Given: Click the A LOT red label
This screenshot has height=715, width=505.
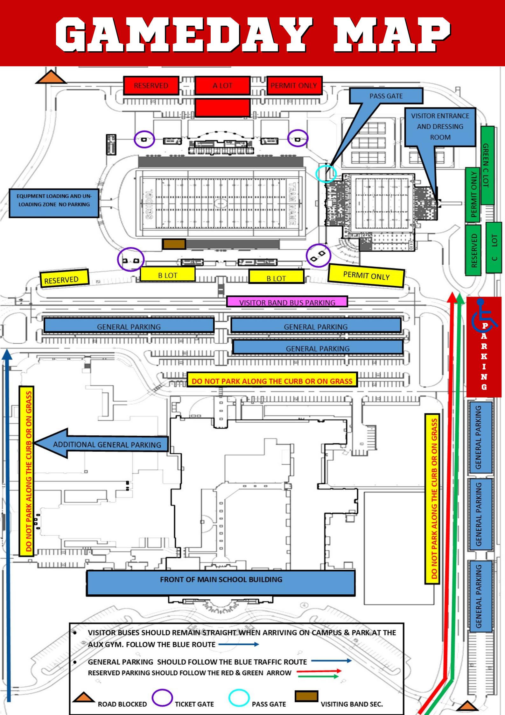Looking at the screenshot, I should click(222, 85).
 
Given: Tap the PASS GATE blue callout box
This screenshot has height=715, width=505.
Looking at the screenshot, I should click(386, 96).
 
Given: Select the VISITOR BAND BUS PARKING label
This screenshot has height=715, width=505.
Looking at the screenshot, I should click(287, 302).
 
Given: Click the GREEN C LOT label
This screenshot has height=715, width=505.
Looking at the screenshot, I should click(487, 165).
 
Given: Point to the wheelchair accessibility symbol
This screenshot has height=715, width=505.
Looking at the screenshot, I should click(482, 315).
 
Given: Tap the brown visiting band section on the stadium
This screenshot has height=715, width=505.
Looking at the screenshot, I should click(174, 244).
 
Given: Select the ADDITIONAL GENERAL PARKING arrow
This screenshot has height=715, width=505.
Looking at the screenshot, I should click(102, 444).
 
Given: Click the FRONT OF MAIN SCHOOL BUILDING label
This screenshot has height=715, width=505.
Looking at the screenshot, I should click(221, 579).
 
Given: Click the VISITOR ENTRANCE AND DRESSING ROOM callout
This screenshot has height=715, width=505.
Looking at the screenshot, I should click(440, 127).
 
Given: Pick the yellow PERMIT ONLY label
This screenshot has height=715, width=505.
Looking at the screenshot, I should click(366, 275).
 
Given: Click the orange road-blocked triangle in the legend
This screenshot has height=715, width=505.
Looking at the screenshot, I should click(83, 697).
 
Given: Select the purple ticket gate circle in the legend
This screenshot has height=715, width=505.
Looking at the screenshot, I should click(162, 697).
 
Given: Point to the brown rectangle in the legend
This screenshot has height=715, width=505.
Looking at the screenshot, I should click(306, 696).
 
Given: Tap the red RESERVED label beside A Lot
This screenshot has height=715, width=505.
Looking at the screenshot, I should click(151, 85).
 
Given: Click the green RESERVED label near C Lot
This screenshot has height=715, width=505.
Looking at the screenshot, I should click(474, 250).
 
